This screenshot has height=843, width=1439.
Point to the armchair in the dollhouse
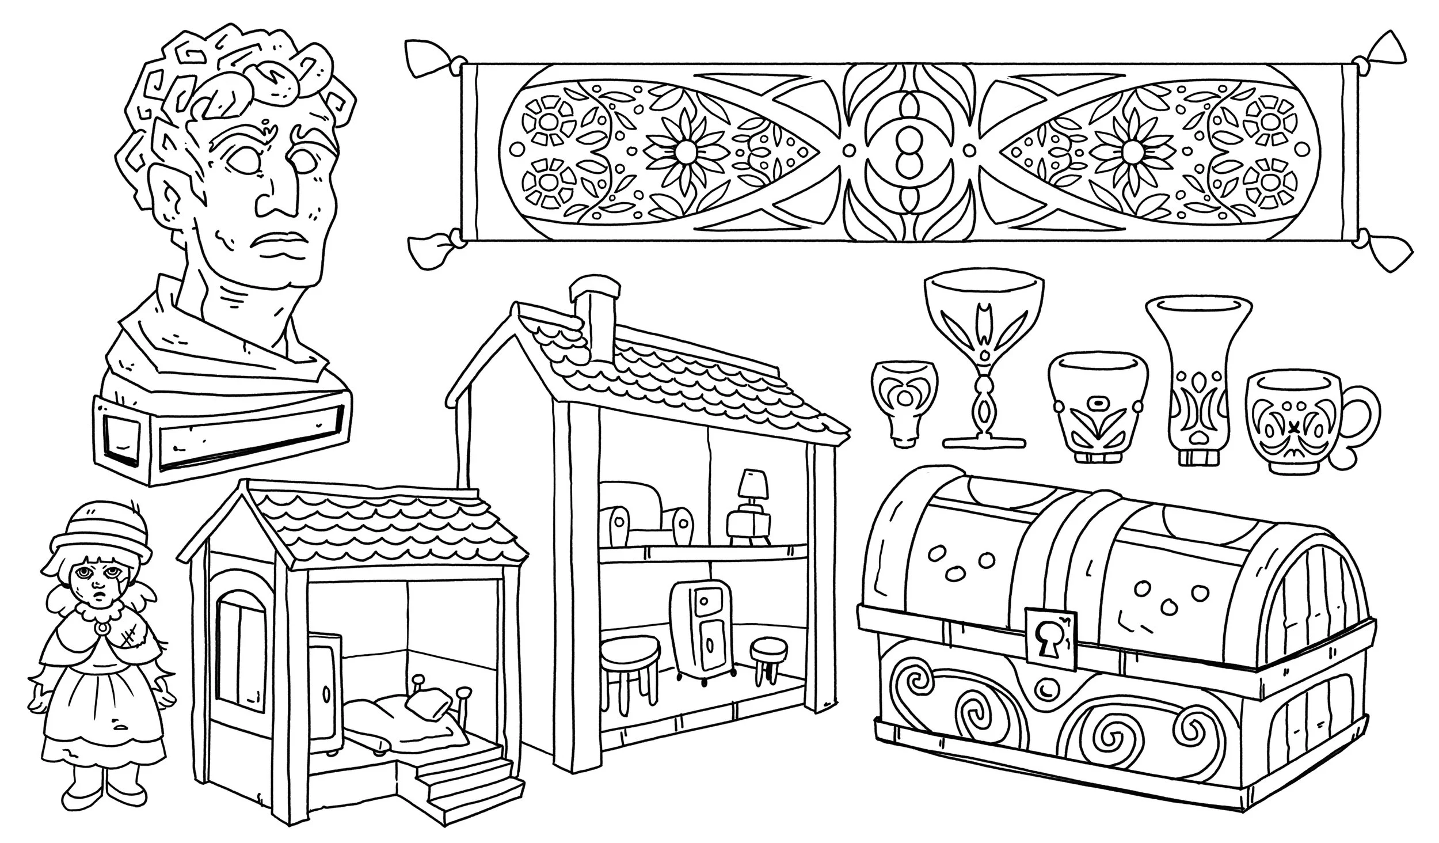pyautogui.click(x=645, y=512)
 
